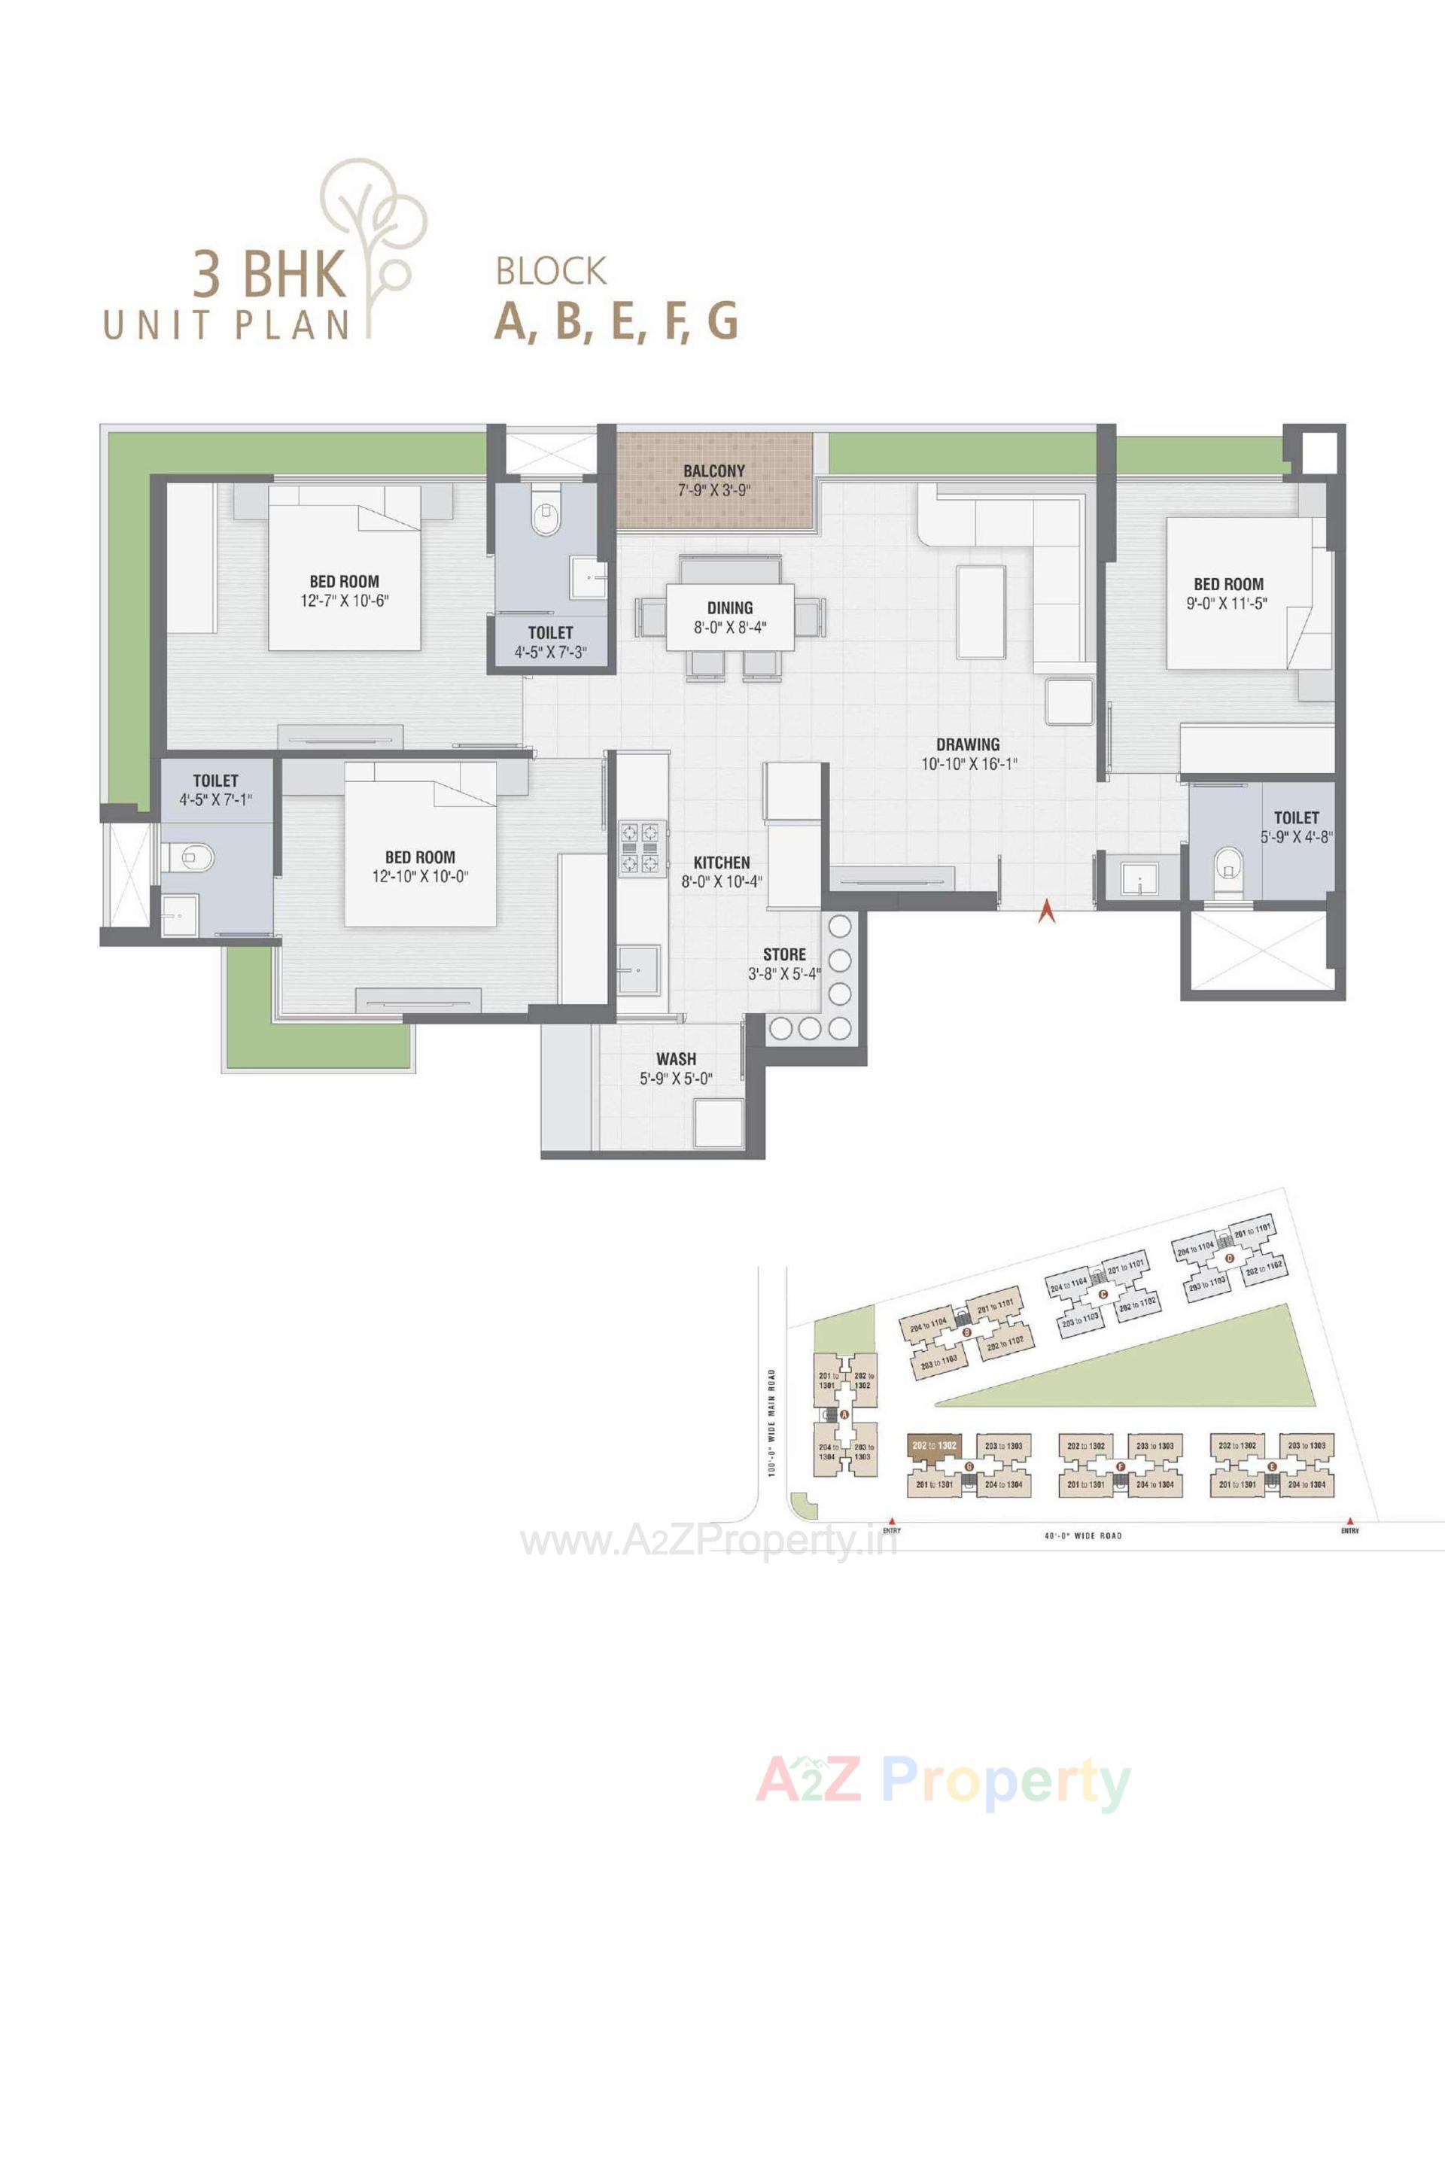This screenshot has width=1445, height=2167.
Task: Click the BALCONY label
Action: [x=713, y=471]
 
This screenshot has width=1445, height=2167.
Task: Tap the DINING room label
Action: [x=730, y=607]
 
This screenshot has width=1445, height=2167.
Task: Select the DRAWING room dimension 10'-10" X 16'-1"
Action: [x=968, y=763]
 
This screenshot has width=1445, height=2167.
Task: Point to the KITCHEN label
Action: [x=722, y=862]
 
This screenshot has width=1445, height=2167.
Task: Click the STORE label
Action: [x=784, y=954]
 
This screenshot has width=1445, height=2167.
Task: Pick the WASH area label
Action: [x=676, y=1059]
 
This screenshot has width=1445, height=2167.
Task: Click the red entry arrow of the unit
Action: [x=1045, y=912]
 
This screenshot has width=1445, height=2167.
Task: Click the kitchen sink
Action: [x=637, y=969]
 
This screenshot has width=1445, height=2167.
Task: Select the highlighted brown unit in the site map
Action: [x=932, y=1445]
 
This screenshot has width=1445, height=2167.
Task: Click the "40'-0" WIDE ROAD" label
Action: [x=1084, y=1535]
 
